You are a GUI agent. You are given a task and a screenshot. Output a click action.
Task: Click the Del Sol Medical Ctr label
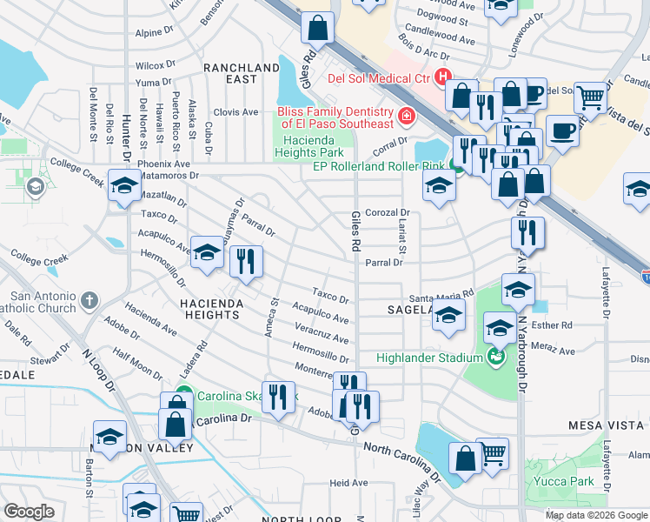click(379, 77)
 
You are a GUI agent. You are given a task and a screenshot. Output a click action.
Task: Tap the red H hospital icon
click(443, 77)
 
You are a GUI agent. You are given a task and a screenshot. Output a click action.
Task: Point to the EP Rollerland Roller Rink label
click(378, 165)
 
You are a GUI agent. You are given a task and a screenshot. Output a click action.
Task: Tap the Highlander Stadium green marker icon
click(495, 357)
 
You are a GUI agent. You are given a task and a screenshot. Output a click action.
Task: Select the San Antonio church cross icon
click(89, 302)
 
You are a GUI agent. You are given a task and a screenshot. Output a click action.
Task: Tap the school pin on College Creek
click(124, 185)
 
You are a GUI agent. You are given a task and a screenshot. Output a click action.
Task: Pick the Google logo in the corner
click(29, 512)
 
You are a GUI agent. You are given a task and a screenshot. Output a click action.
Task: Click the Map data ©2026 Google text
click(596, 515)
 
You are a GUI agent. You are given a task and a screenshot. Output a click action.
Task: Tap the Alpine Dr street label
click(155, 33)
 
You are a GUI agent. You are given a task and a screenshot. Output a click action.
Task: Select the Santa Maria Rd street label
click(448, 294)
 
